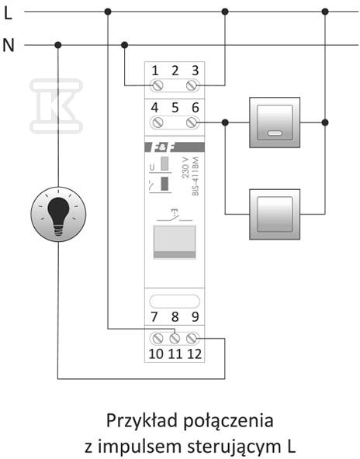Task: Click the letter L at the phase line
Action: click(x=8, y=13)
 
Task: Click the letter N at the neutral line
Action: click(x=9, y=46)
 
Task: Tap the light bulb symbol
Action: click(x=58, y=214)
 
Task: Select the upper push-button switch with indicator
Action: click(x=275, y=123)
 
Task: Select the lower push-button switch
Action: click(x=275, y=214)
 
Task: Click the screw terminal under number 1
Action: click(x=157, y=86)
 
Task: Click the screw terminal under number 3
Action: click(x=192, y=86)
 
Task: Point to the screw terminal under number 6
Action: click(x=192, y=123)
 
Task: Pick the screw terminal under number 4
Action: click(x=157, y=123)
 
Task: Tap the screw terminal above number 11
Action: click(x=175, y=339)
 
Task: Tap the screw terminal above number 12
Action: click(x=192, y=339)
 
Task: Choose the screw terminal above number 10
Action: click(x=157, y=339)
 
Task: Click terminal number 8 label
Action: click(x=175, y=317)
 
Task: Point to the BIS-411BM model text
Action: click(x=196, y=176)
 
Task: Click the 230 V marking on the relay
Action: click(x=185, y=167)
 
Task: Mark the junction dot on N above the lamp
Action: click(x=58, y=45)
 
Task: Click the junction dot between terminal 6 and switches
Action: click(x=225, y=123)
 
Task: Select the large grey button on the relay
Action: click(x=175, y=242)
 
